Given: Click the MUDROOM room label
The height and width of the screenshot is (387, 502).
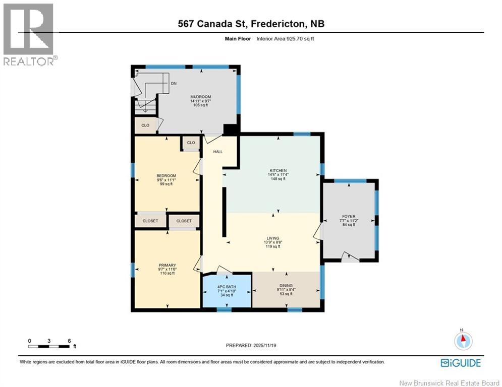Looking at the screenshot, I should [200, 97].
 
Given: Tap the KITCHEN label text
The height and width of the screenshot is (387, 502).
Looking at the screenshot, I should [277, 171].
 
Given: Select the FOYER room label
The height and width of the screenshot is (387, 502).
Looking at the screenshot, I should [349, 216].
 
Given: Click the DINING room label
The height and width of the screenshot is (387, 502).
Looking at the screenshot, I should [286, 286].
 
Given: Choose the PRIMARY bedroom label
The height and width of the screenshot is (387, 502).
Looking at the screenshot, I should [167, 265].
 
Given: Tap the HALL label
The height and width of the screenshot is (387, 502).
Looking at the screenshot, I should [217, 151].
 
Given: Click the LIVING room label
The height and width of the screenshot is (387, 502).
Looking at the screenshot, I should [273, 238].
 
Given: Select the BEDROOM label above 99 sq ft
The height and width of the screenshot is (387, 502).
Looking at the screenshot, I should [166, 175].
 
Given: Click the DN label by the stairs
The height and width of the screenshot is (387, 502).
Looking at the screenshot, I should [174, 84].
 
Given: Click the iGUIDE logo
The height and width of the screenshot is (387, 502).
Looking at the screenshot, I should [460, 363].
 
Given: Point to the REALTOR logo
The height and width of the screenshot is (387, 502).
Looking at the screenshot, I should [29, 34].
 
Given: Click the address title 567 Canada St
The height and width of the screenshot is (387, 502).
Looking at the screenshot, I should [251, 24].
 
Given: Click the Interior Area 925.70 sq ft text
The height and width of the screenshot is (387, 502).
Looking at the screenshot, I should [286, 38].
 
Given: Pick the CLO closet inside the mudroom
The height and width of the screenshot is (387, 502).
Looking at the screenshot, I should [145, 125].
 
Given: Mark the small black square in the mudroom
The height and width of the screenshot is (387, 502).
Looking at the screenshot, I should [231, 130].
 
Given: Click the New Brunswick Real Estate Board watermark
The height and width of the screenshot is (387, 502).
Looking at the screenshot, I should [450, 383].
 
